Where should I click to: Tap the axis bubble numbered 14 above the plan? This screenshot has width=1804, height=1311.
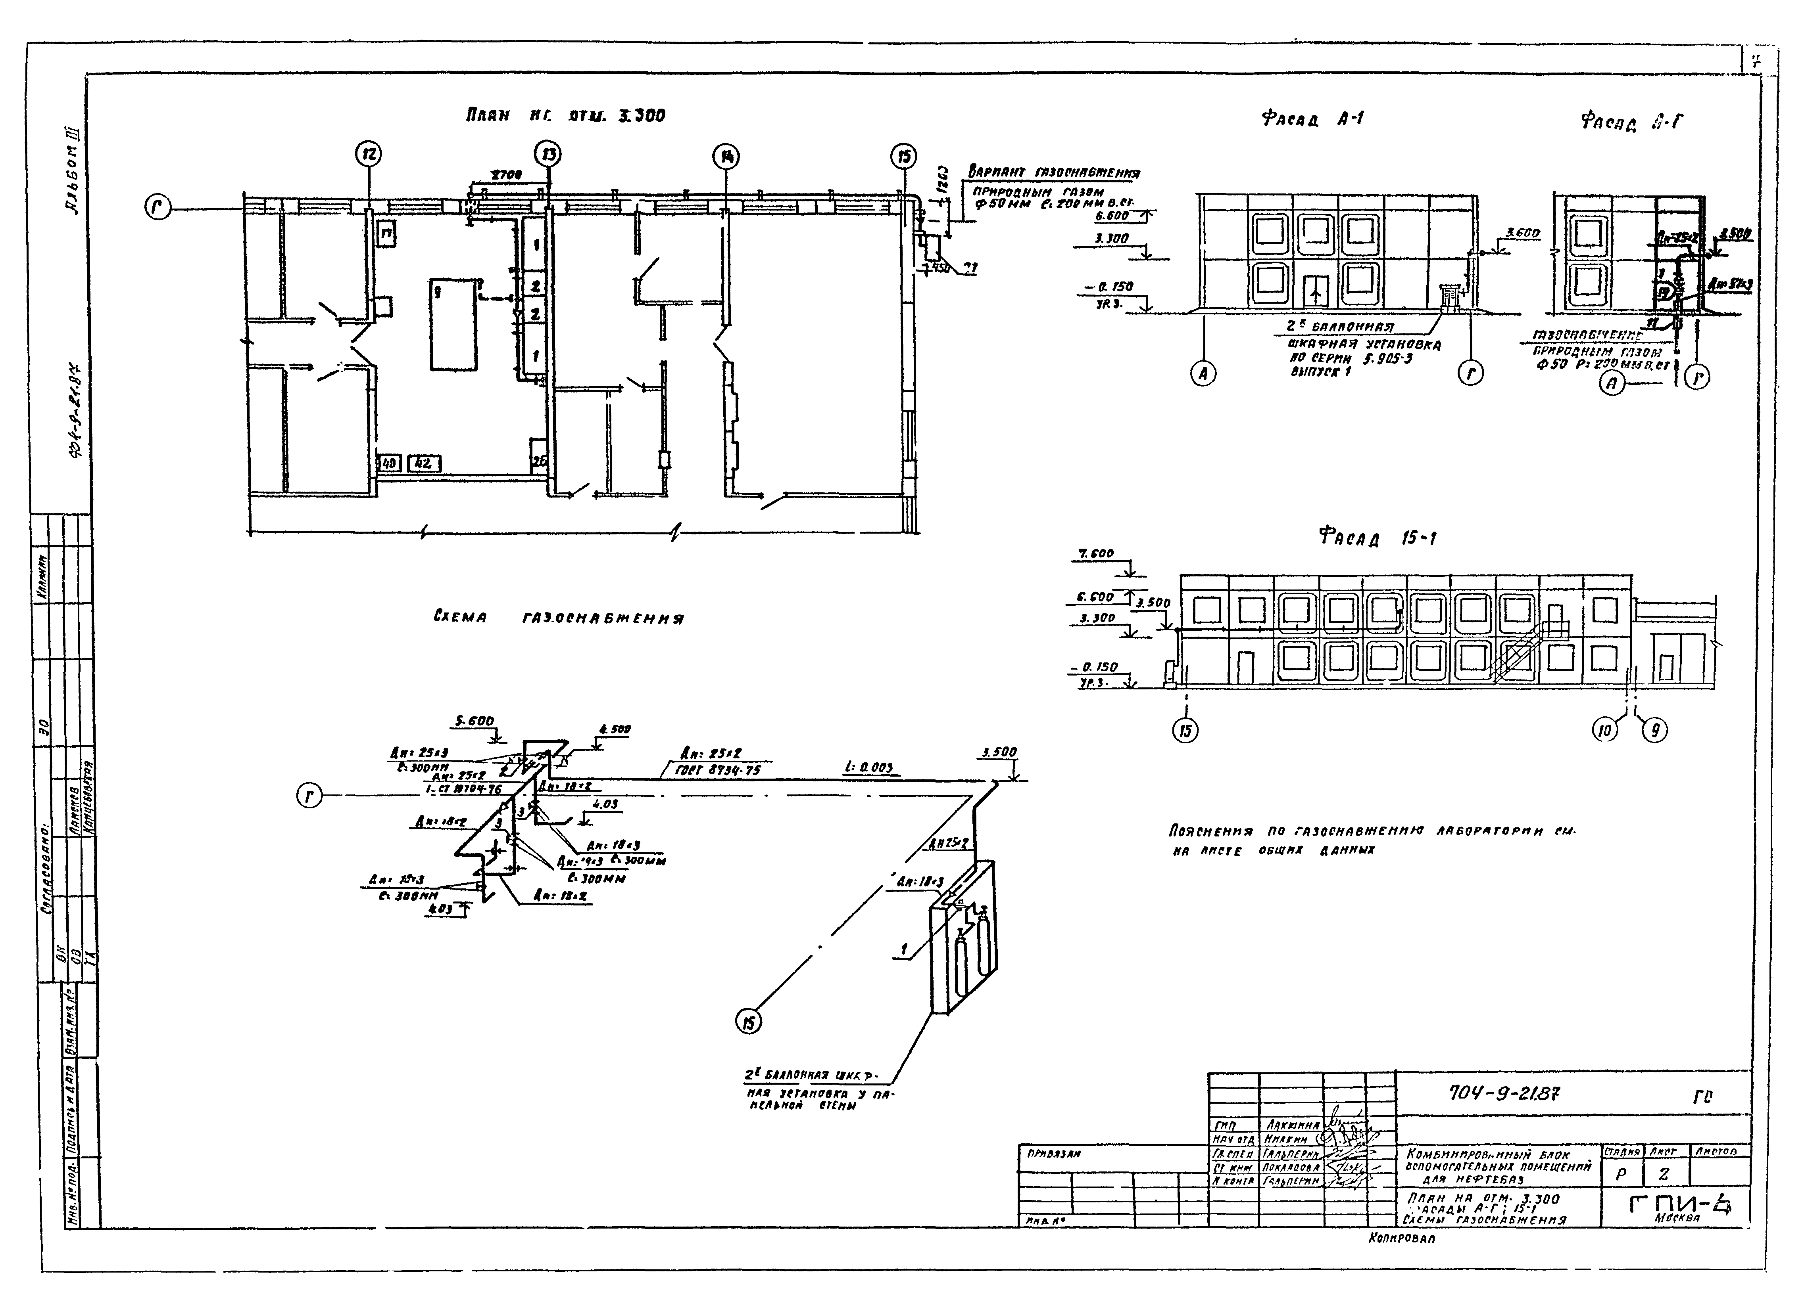(725, 158)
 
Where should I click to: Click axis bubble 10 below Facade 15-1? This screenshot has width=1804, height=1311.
(1605, 730)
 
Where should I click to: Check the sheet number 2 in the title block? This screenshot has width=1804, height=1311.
(1663, 1174)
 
